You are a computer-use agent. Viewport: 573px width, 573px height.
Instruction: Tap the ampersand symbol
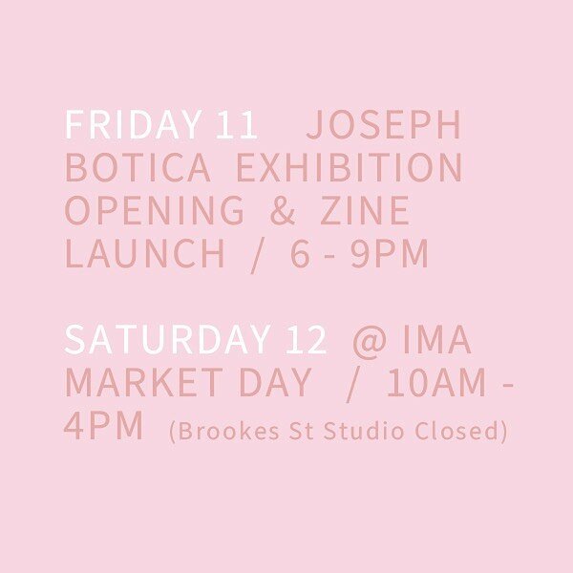pos(283,212)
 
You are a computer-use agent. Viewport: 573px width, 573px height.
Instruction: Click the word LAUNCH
pos(145,255)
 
